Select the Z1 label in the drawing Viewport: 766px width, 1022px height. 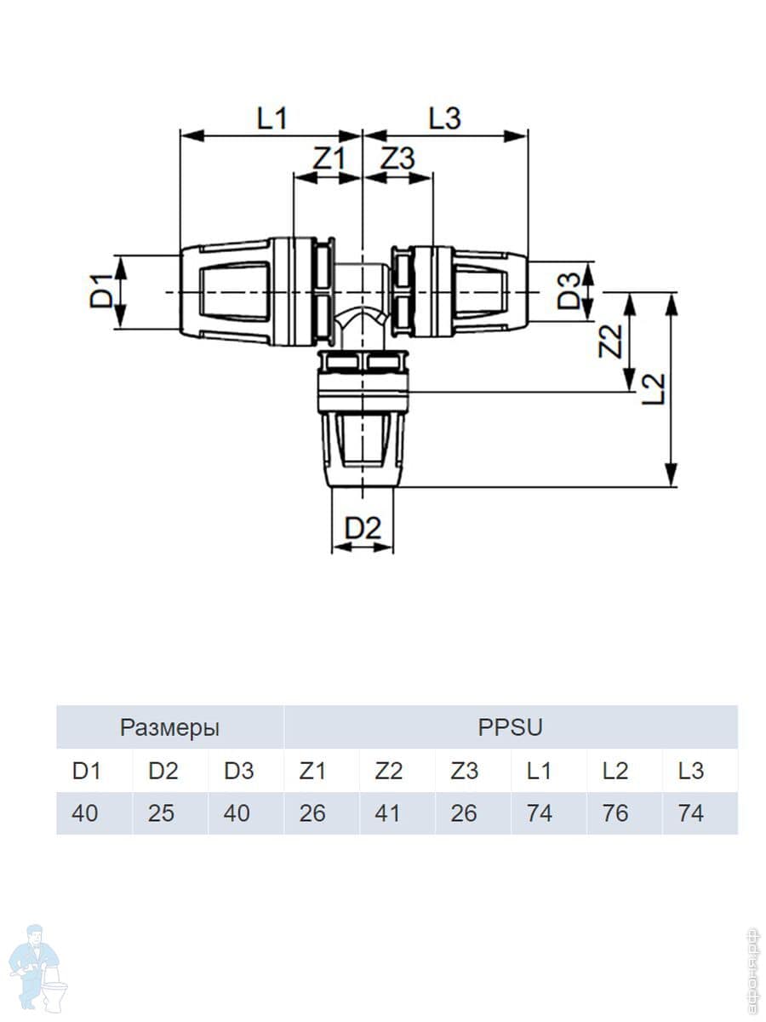pyautogui.click(x=329, y=158)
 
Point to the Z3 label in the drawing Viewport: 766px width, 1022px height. pyautogui.click(x=397, y=158)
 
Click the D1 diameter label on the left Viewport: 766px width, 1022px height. pyautogui.click(x=101, y=292)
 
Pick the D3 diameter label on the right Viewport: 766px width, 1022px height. pyautogui.click(x=569, y=292)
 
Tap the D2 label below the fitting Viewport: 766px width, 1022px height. pyautogui.click(x=363, y=528)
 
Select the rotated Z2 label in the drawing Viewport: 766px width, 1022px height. pyautogui.click(x=609, y=342)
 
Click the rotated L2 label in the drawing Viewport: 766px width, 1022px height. pyautogui.click(x=654, y=389)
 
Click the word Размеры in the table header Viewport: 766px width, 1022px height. pyautogui.click(x=169, y=728)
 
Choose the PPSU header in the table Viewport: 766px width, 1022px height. pyautogui.click(x=510, y=728)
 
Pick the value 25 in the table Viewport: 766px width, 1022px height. pyautogui.click(x=161, y=813)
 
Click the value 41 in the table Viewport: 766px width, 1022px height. pyautogui.click(x=388, y=813)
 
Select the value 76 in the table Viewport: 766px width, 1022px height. pyautogui.click(x=615, y=813)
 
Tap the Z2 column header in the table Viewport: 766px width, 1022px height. pyautogui.click(x=388, y=771)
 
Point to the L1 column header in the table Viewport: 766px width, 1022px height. pyautogui.click(x=539, y=771)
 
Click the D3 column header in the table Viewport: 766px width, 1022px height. pyautogui.click(x=238, y=771)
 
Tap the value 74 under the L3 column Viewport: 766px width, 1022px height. pyautogui.click(x=690, y=813)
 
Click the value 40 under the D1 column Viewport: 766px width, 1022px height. pyautogui.click(x=84, y=813)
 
